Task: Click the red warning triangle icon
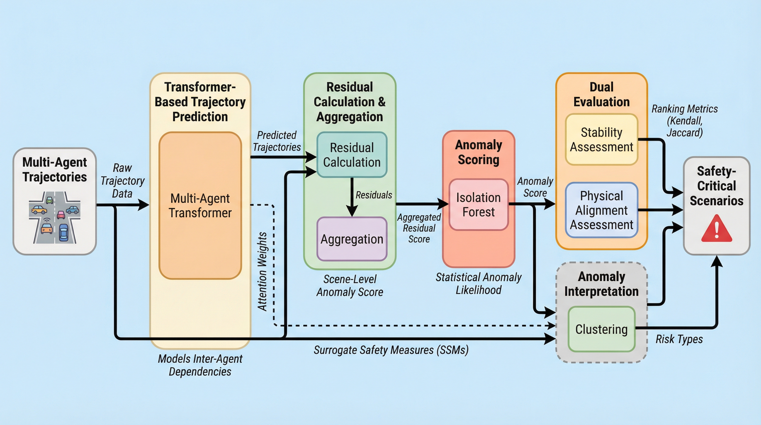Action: pyautogui.click(x=716, y=229)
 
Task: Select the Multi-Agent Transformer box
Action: pyautogui.click(x=200, y=205)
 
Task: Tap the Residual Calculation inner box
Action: pyautogui.click(x=351, y=155)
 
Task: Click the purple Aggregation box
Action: pyautogui.click(x=351, y=239)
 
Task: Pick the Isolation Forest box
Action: pyautogui.click(x=478, y=204)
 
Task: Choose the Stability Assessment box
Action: pyautogui.click(x=601, y=139)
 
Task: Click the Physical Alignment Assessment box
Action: pyautogui.click(x=601, y=210)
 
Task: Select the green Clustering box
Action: pyautogui.click(x=601, y=329)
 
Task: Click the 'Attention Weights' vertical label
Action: pyautogui.click(x=262, y=271)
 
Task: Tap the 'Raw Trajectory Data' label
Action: pyautogui.click(x=122, y=181)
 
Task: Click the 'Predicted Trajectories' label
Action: pyautogui.click(x=277, y=141)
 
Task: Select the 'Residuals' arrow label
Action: pyautogui.click(x=374, y=195)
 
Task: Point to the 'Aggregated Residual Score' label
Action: pyautogui.click(x=419, y=228)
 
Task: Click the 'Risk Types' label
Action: pyautogui.click(x=679, y=339)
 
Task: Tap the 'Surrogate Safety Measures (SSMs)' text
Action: pyautogui.click(x=391, y=350)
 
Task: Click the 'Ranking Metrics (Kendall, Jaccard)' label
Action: pyautogui.click(x=684, y=121)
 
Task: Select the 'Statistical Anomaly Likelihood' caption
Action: pyautogui.click(x=478, y=283)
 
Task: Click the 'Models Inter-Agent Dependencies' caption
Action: pyautogui.click(x=200, y=365)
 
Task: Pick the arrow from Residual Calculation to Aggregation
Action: pyautogui.click(x=351, y=197)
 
